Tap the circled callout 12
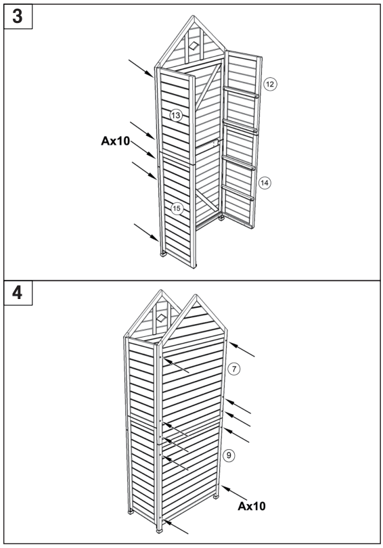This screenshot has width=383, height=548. tap(270, 84)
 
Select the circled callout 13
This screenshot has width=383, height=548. tap(176, 116)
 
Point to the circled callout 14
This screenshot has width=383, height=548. tap(264, 182)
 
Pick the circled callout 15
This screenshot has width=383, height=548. tap(176, 208)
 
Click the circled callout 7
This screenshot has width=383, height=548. tap(234, 369)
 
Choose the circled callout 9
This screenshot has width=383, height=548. tap(229, 455)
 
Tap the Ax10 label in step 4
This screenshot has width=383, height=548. tap(255, 505)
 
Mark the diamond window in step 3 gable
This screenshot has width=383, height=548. tap(194, 45)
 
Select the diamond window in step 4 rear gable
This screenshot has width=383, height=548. tap(161, 316)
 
